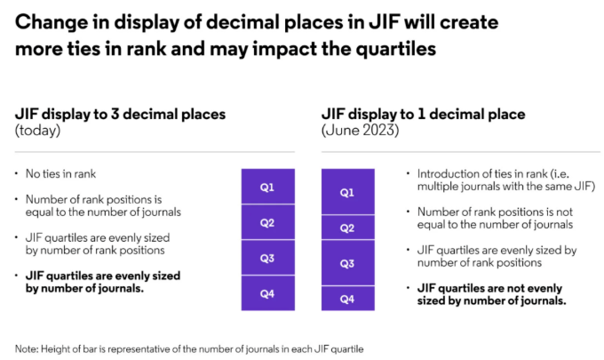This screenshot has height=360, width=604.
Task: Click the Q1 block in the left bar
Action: click(x=267, y=187)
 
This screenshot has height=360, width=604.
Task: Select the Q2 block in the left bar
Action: click(x=267, y=222)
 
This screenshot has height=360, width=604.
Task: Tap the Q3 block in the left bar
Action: click(x=267, y=258)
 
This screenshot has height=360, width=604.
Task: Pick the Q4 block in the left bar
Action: click(x=267, y=293)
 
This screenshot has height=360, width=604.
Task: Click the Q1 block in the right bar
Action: click(x=347, y=192)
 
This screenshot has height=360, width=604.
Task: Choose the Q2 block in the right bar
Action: click(x=347, y=228)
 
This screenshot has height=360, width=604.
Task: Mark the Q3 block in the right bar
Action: click(x=347, y=264)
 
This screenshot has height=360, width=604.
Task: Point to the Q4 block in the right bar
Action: click(x=347, y=300)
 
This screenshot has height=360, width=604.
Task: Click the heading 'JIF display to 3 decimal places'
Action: click(x=121, y=114)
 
